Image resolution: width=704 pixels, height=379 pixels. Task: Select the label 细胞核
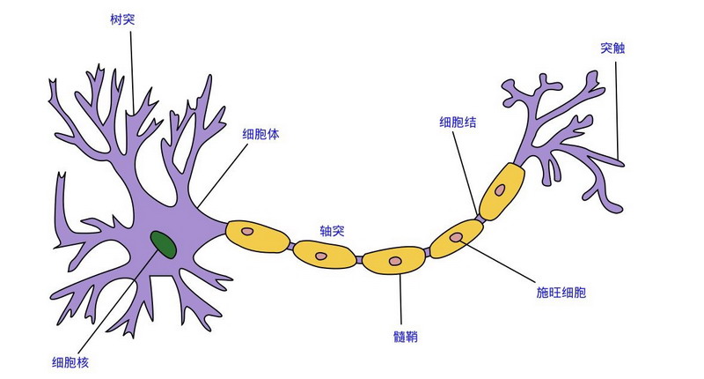tap(70, 361)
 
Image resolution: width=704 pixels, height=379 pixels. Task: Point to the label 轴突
tap(333, 231)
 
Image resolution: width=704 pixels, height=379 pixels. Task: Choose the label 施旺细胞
tap(561, 292)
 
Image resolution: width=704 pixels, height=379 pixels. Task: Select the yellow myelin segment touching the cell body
tap(257, 235)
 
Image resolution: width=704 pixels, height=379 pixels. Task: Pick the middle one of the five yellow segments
tap(394, 260)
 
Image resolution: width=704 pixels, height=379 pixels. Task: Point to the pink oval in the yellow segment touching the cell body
tap(250, 233)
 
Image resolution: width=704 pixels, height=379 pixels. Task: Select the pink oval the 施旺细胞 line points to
tap(458, 237)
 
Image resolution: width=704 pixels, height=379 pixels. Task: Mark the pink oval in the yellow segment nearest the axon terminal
tap(500, 189)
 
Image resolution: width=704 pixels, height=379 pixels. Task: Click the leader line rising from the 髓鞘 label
tap(401, 300)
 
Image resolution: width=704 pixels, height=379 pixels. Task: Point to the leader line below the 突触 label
tap(618, 106)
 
